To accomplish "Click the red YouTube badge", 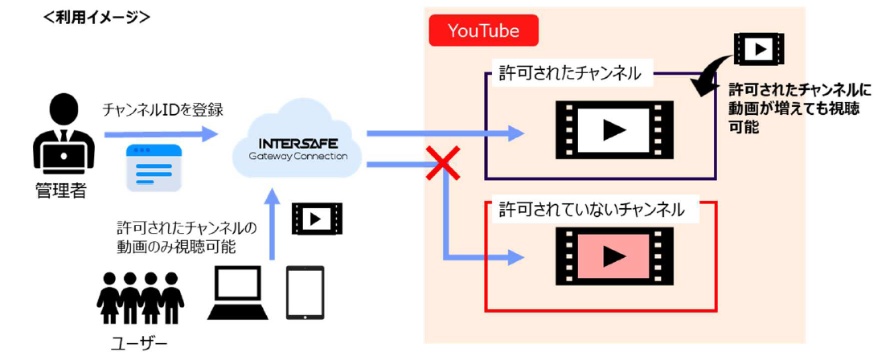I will point(483,31).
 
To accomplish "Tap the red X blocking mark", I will point(443,163).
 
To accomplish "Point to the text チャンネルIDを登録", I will point(162,109).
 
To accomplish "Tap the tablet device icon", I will point(306,292).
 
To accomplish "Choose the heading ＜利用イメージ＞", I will point(96,16).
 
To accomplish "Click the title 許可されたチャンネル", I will point(570,73).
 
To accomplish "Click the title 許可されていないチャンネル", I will point(592,210).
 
